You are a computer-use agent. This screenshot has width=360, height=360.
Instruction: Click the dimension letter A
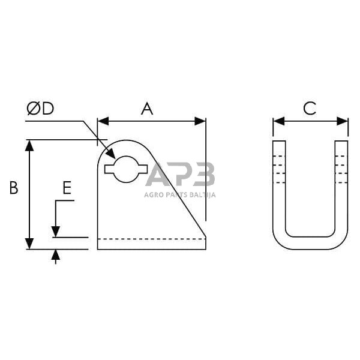coord(147,109)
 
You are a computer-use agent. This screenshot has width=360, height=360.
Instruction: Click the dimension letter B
coord(13,188)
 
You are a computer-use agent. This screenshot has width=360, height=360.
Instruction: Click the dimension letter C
coord(310,109)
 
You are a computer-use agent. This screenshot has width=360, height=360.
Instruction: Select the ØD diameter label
coord(40,109)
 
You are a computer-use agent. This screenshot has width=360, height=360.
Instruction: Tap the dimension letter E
coord(67,189)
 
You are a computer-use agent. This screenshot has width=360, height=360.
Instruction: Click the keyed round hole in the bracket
coord(126,169)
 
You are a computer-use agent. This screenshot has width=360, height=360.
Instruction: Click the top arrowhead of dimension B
coord(29,145)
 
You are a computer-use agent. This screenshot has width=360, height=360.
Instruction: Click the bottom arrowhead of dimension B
coord(29,244)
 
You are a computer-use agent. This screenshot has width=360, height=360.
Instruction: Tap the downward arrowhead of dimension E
coord(55,232)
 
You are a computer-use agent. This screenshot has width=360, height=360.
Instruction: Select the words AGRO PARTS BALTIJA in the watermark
coord(180,194)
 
